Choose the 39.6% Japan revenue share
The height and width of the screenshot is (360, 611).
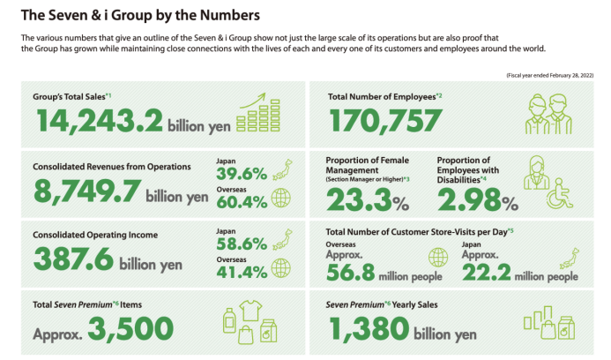(x=241, y=174)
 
